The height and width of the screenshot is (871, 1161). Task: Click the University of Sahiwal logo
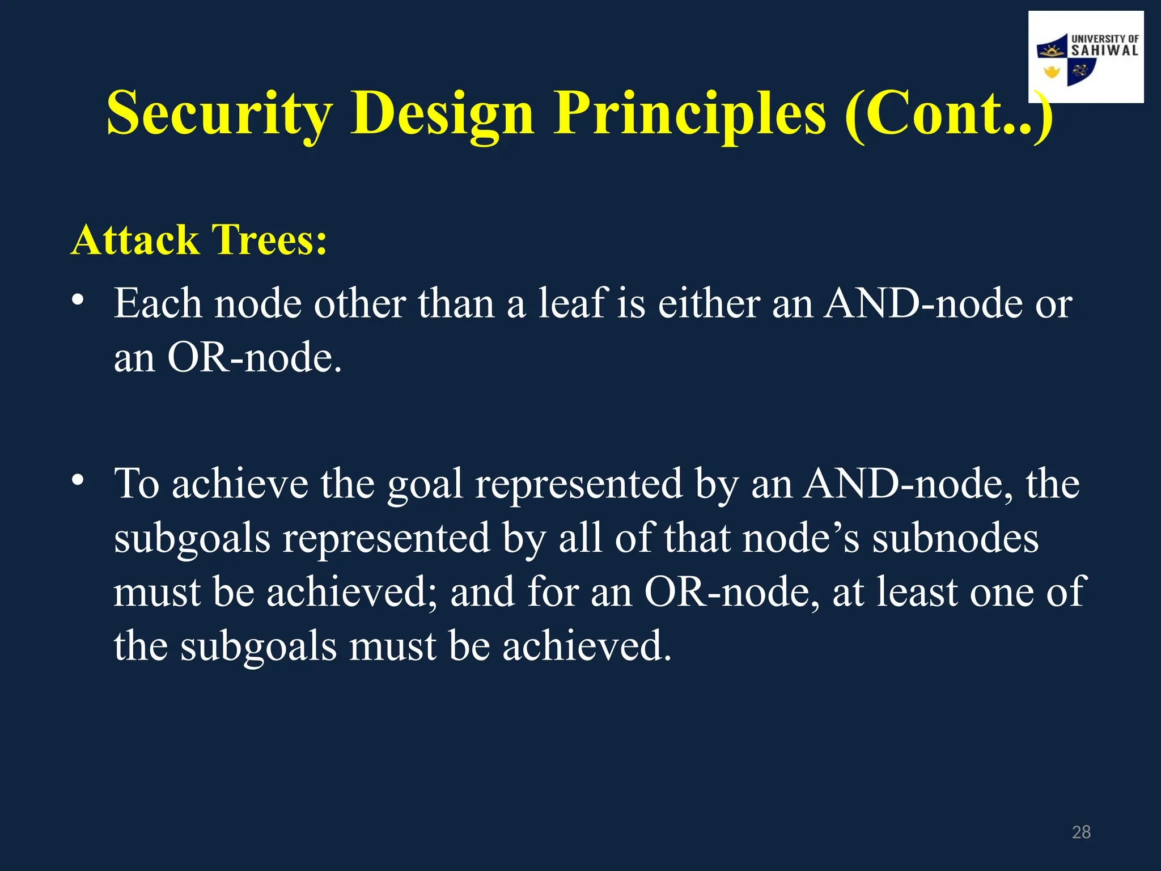coord(1086,57)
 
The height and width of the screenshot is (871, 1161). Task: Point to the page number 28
coord(1081,832)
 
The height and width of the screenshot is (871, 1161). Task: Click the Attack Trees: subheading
coord(199,240)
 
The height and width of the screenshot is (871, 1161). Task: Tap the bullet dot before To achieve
coord(78,480)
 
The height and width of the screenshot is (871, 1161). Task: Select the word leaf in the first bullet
coord(571,303)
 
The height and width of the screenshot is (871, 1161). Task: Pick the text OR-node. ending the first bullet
coord(255,358)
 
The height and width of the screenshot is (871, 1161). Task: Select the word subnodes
coord(955,538)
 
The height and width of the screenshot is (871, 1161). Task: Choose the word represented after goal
coord(579,485)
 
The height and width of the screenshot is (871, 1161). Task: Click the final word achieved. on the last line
coord(586,646)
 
